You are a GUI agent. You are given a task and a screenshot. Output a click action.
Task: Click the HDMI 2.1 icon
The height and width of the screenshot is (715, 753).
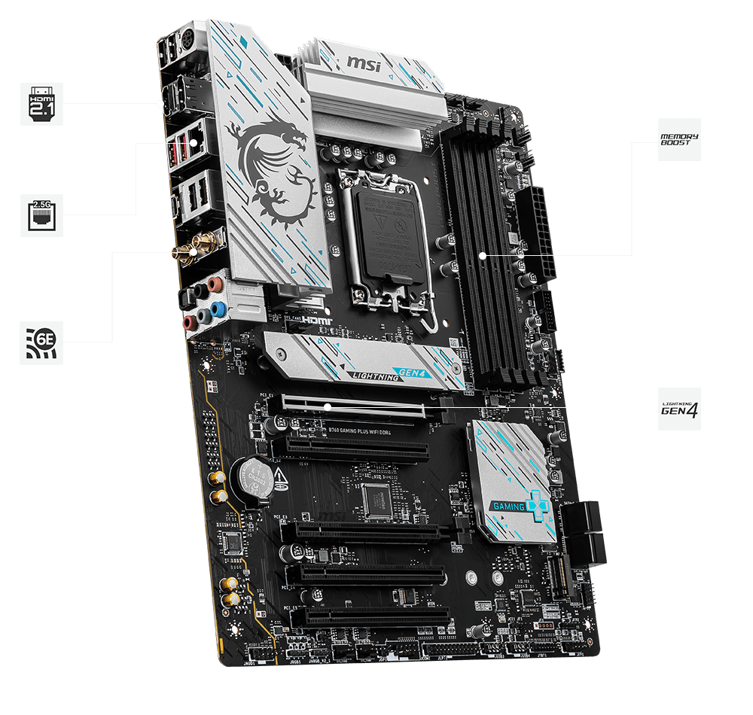tap(42, 103)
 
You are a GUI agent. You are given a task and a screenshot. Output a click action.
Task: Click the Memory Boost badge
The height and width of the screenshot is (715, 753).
tap(679, 139)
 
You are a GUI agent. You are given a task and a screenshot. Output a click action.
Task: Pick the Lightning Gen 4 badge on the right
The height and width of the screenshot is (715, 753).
tap(679, 409)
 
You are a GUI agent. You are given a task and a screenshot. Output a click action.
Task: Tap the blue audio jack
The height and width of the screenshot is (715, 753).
tap(218, 308)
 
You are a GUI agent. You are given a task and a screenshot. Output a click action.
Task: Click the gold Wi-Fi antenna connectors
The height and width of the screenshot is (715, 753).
tap(194, 245)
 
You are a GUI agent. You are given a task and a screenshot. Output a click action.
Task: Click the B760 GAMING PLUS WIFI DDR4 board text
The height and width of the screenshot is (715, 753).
tap(361, 431)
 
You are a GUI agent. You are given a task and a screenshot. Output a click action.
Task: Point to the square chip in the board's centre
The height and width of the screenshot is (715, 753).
tap(376, 497)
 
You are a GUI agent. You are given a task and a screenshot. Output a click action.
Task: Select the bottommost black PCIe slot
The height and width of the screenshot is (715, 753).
tap(369, 617)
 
